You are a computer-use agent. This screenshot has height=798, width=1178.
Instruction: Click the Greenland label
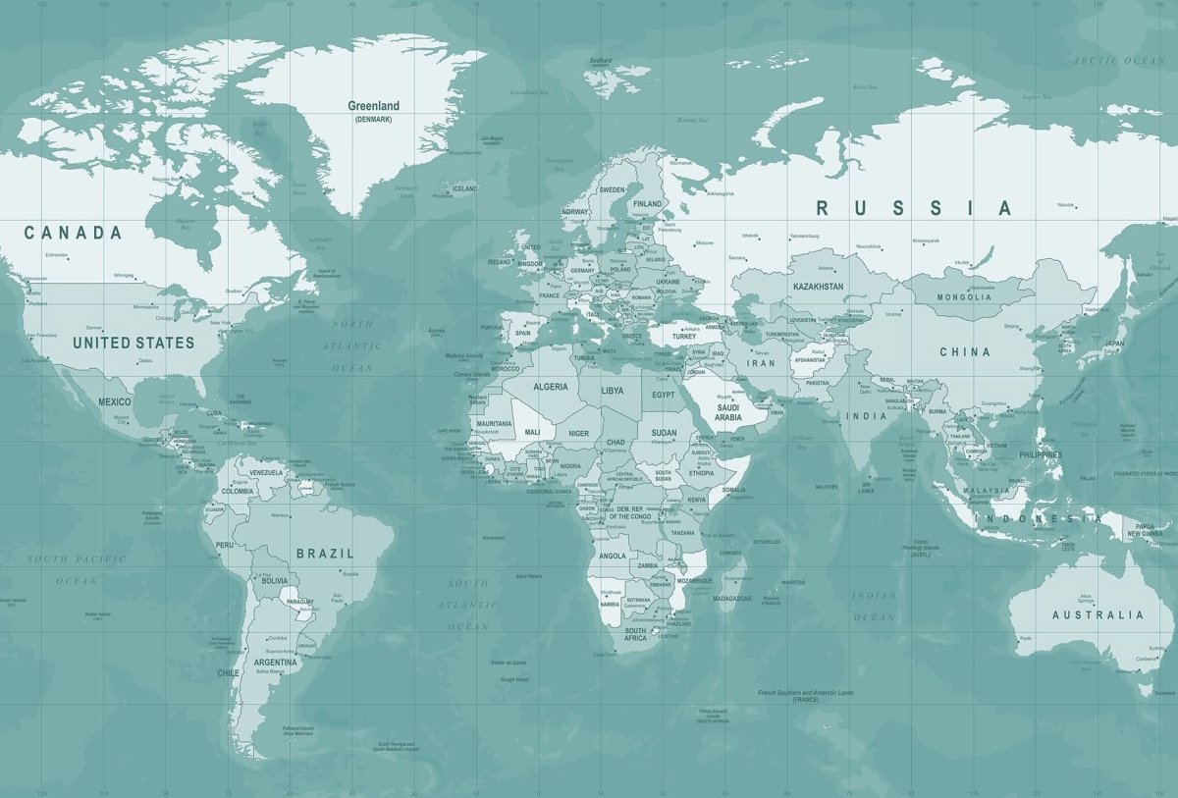pos(374,106)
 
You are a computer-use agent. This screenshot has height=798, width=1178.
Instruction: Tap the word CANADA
pos(74,233)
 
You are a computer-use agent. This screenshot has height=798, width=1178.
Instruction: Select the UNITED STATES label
pos(134,343)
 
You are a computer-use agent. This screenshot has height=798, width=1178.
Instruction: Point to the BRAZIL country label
pos(325,554)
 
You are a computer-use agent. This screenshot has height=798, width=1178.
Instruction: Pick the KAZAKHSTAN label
pos(818,287)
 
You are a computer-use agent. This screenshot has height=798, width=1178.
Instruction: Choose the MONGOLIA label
pos(964,297)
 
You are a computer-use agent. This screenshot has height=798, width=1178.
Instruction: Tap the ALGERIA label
pos(550,387)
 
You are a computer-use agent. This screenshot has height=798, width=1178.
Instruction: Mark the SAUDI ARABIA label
pos(728,412)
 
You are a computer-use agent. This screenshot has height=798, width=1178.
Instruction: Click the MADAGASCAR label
pos(732,598)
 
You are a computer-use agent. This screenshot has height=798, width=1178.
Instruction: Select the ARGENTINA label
pos(275,663)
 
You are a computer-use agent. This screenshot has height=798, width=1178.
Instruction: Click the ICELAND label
pos(465,188)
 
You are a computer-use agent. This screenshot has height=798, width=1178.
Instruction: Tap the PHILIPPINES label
pos(1041,455)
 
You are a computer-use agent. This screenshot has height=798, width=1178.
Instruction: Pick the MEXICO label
pos(114,401)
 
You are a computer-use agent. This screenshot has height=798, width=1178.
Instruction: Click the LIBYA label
pos(612,390)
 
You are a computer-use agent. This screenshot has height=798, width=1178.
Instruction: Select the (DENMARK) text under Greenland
pos(374,119)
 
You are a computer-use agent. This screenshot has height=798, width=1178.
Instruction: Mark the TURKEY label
pos(683,337)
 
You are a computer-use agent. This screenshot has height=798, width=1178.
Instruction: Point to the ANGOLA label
pos(612,556)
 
